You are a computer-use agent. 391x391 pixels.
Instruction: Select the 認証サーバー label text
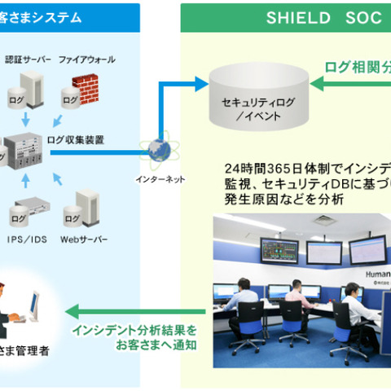pyautogui.click(x=29, y=59)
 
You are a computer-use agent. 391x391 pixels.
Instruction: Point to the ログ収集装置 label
pyautogui.click(x=76, y=139)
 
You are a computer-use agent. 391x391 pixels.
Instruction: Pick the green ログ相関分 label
pyautogui.click(x=358, y=66)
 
